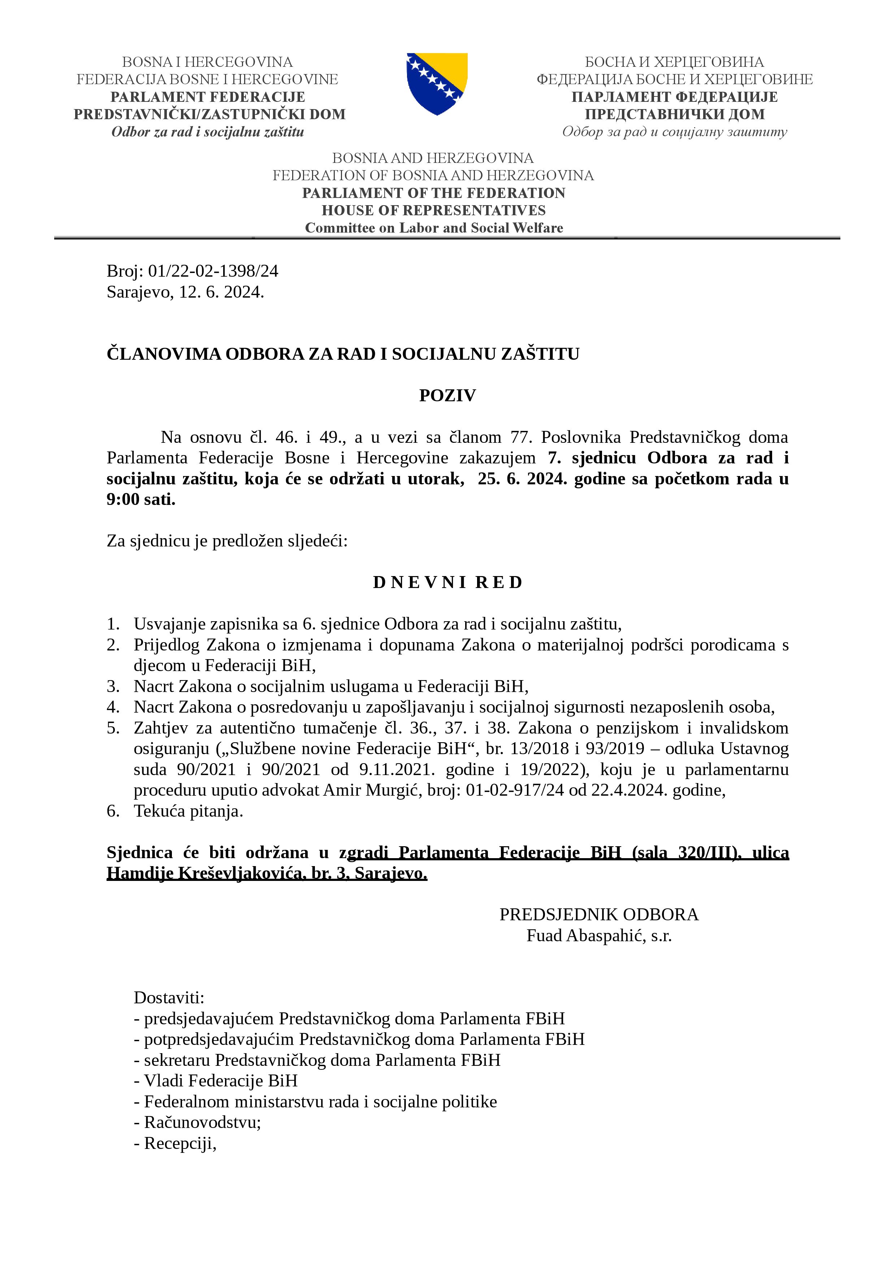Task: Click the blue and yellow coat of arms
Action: click(437, 83)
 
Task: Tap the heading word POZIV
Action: click(447, 395)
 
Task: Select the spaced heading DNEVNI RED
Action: click(447, 582)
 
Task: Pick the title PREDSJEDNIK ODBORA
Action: click(599, 914)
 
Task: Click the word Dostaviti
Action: click(169, 998)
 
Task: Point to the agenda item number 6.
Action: click(113, 811)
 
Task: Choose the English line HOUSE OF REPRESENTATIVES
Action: click(434, 210)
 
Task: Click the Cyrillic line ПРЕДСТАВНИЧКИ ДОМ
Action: click(675, 114)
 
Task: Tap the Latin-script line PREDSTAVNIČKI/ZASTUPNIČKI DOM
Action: click(210, 114)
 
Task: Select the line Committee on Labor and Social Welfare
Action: click(434, 228)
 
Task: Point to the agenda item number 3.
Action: click(113, 687)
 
